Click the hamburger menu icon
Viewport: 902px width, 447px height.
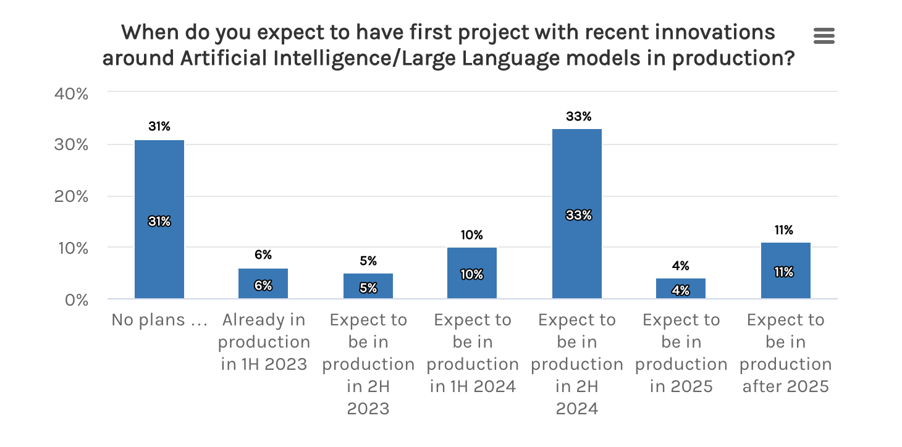pyautogui.click(x=824, y=36)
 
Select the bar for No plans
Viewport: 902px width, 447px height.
pyautogui.click(x=159, y=185)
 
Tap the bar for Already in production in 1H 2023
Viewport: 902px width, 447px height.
pyautogui.click(x=263, y=284)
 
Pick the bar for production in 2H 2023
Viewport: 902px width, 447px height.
pyautogui.click(x=368, y=286)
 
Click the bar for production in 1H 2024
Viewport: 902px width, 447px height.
pyautogui.click(x=472, y=274)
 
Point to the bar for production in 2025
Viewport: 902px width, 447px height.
pyautogui.click(x=681, y=289)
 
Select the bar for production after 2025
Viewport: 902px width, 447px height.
pyautogui.click(x=785, y=272)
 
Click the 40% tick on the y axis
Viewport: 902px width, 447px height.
pyautogui.click(x=73, y=93)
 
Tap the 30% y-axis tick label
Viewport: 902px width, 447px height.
pyautogui.click(x=73, y=145)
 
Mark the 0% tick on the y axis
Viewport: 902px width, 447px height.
pyautogui.click(x=77, y=299)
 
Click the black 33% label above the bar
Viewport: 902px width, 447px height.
pyautogui.click(x=578, y=116)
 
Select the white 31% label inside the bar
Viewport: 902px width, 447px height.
pyautogui.click(x=159, y=221)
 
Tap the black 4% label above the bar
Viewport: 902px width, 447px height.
pyautogui.click(x=681, y=266)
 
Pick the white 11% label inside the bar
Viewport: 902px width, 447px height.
pyautogui.click(x=785, y=272)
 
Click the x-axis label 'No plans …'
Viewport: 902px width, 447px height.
pyautogui.click(x=159, y=320)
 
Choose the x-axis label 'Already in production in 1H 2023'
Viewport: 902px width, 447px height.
pyautogui.click(x=264, y=341)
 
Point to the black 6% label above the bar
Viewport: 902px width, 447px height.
pyautogui.click(x=263, y=255)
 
